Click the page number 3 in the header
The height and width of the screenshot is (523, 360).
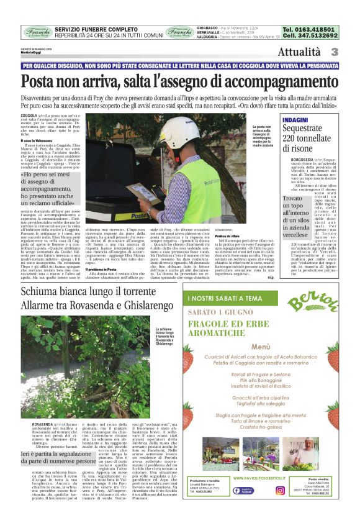334,52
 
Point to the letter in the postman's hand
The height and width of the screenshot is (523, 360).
138,188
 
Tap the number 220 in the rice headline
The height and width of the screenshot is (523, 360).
294,139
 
